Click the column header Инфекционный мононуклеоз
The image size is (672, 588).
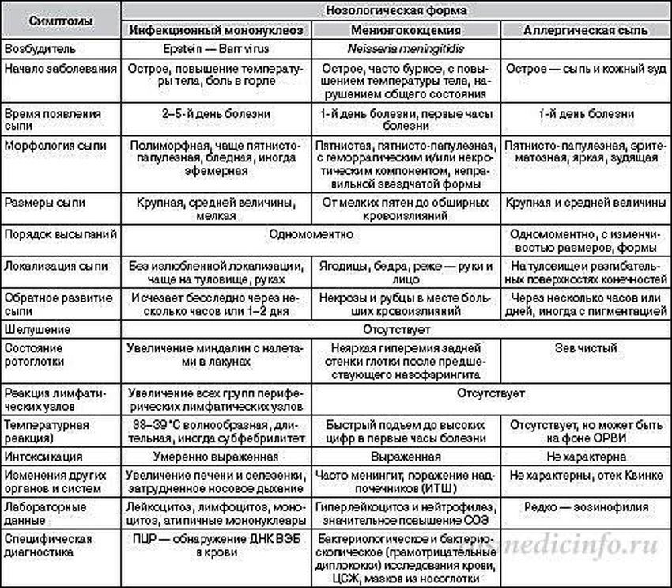click(x=215, y=30)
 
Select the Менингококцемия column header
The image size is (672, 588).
click(x=405, y=30)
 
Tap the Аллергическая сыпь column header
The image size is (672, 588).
click(x=586, y=30)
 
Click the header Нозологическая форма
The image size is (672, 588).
click(x=395, y=10)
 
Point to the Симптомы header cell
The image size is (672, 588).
click(x=60, y=21)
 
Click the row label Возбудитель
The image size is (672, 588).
click(x=36, y=49)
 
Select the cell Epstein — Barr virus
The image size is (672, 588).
click(x=215, y=49)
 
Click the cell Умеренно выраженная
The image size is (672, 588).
click(x=215, y=457)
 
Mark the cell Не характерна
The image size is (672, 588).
click(x=586, y=457)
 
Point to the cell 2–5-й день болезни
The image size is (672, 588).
click(x=215, y=112)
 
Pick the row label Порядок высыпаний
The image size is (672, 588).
click(x=60, y=234)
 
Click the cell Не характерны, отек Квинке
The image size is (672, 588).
click(x=586, y=476)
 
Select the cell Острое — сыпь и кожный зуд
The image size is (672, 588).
click(x=586, y=68)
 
